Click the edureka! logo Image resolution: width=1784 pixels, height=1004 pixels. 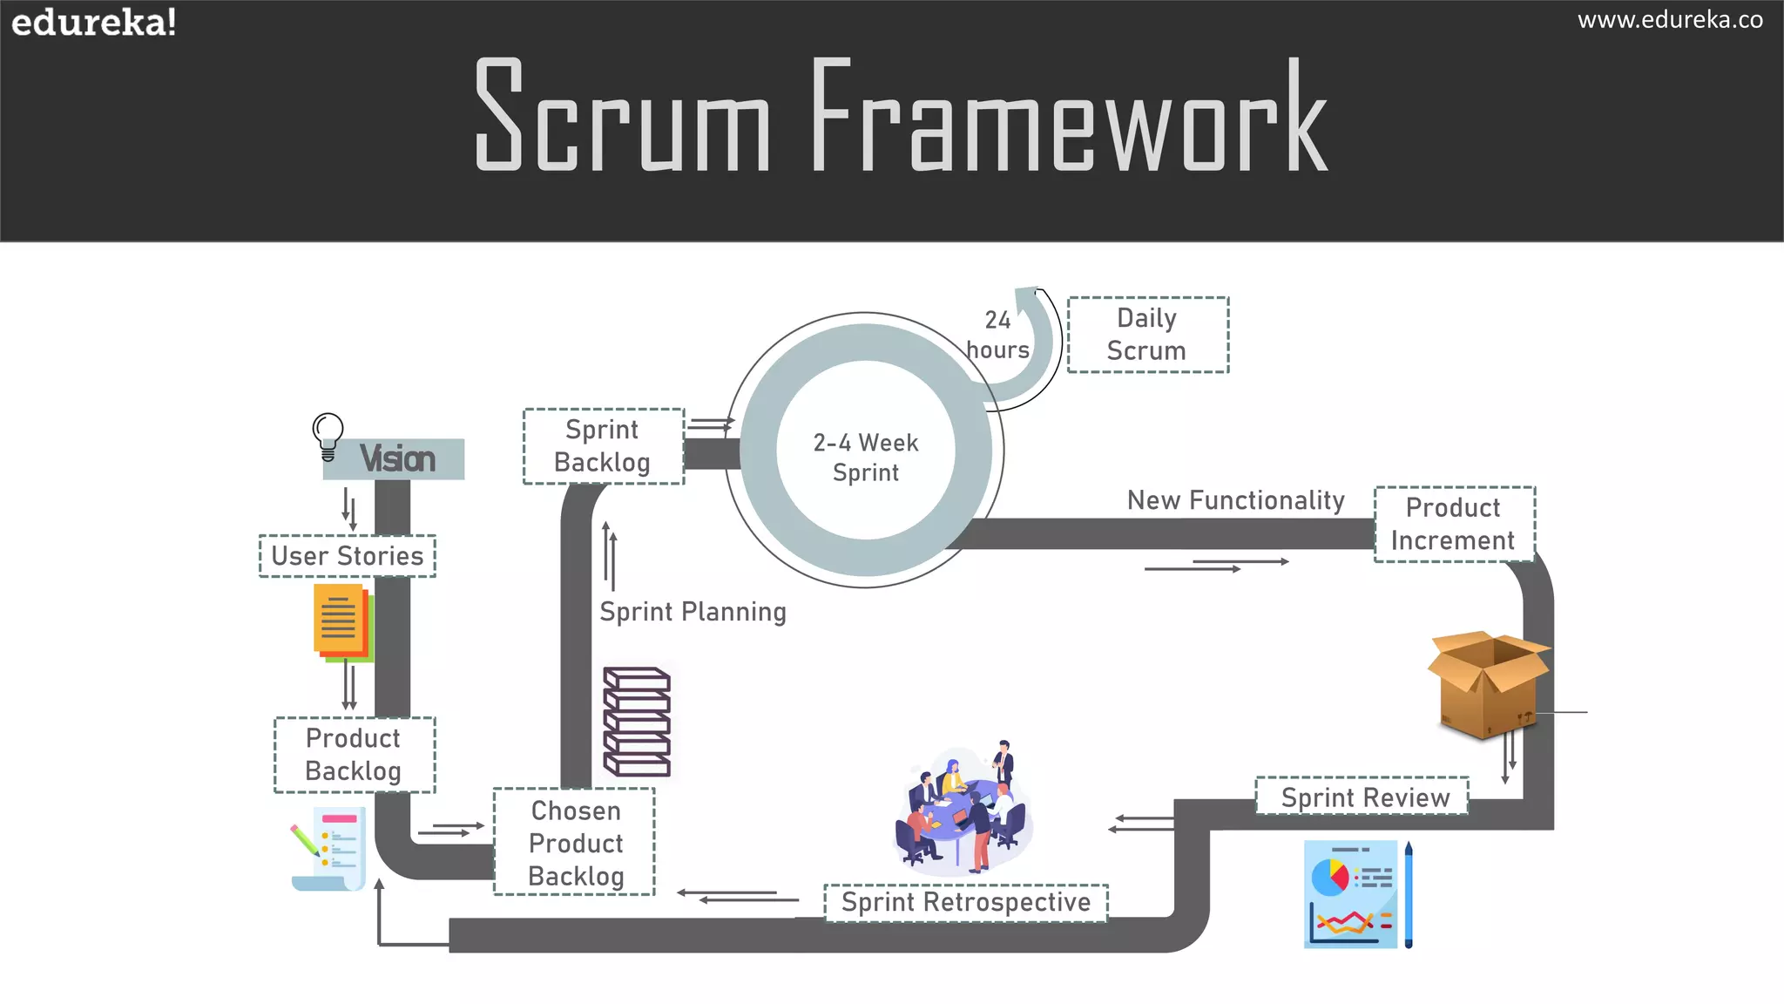coord(93,22)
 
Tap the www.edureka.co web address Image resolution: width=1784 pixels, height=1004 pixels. coord(1669,20)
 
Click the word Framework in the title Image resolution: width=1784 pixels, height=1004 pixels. coord(1069,115)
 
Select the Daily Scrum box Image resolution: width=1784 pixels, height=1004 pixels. coord(1147,335)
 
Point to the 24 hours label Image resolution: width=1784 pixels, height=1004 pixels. coord(997,336)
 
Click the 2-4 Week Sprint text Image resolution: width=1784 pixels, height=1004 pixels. coord(865,458)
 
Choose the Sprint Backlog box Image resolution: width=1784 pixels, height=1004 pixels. coord(603,446)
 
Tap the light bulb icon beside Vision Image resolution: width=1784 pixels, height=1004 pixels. coord(328,435)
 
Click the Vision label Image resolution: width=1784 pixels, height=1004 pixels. coord(397,459)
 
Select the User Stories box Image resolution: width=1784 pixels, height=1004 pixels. coord(347,556)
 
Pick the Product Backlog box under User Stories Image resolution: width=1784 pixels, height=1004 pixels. coord(354,755)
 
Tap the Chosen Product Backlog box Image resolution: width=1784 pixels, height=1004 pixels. coord(575,843)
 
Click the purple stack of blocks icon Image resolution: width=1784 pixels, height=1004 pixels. coord(637,722)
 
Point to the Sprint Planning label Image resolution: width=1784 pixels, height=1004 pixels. coord(693,612)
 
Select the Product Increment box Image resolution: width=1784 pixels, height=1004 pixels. coord(1453,524)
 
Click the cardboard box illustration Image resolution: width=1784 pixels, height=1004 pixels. coord(1488,684)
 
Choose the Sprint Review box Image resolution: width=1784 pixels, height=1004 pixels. coord(1363,797)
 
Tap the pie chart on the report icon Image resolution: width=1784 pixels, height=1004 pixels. coord(1329,876)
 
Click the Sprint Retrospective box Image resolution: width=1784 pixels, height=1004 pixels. coord(965,902)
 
